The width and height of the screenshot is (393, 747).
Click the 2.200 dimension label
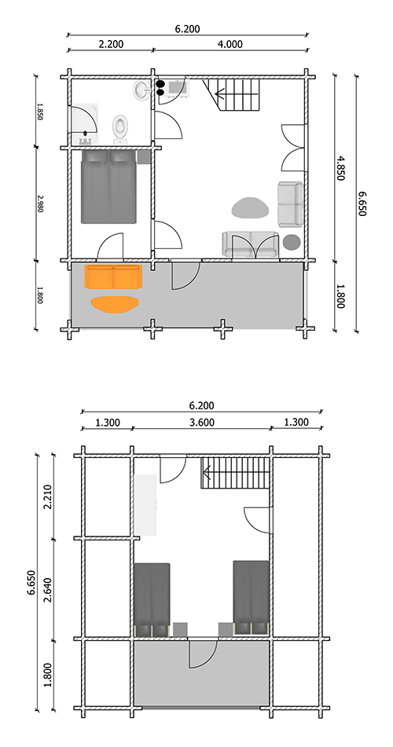click(111, 45)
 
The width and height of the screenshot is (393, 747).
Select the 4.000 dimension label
click(229, 45)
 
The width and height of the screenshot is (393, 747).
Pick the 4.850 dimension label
click(340, 167)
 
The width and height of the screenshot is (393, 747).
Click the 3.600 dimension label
click(201, 423)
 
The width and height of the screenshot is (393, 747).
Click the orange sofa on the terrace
click(113, 276)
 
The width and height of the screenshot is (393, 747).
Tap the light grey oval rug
click(251, 208)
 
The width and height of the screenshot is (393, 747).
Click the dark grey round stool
click(292, 242)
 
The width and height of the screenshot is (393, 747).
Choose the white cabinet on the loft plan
click(146, 503)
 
